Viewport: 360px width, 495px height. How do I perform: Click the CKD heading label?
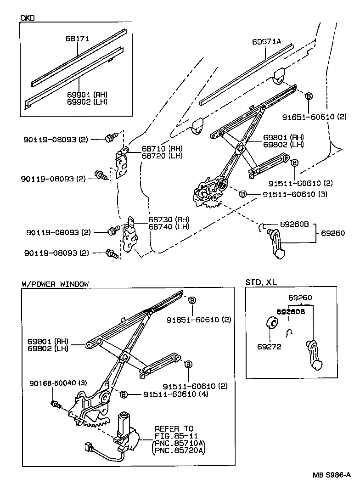click(x=28, y=18)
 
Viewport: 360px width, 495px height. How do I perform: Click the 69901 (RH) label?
click(x=87, y=95)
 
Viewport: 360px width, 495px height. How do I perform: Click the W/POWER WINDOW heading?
click(x=55, y=284)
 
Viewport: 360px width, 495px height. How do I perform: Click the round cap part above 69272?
click(x=271, y=323)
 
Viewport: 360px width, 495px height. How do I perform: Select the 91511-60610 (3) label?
click(x=295, y=194)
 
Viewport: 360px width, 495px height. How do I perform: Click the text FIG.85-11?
click(x=174, y=435)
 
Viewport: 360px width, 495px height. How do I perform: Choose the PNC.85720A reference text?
click(x=179, y=450)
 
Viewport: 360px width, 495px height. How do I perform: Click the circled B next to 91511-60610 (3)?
click(x=243, y=194)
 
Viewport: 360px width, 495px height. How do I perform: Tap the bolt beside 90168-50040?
click(x=55, y=404)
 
